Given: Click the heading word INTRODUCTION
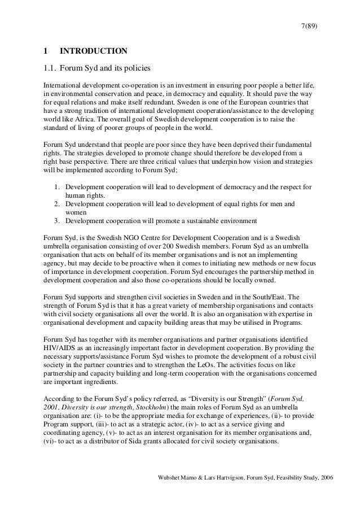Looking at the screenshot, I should click(x=94, y=51).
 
